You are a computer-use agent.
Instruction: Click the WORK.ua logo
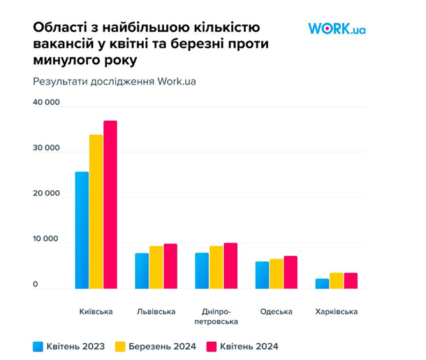[337, 29]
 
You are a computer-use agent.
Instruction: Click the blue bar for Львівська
[142, 271]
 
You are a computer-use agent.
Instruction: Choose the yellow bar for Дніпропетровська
[216, 267]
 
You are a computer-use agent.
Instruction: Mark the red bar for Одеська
[291, 272]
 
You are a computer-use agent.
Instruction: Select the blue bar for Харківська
[322, 283]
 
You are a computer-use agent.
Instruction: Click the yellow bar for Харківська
[336, 280]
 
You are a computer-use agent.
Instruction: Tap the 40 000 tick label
[46, 103]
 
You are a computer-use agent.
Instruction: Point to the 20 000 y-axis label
[46, 195]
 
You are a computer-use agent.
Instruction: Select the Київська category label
[96, 311]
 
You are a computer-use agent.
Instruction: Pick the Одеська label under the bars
[276, 311]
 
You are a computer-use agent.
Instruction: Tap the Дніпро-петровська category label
[216, 316]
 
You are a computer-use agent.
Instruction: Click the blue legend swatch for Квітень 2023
[38, 345]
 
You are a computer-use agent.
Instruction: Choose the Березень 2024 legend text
[163, 345]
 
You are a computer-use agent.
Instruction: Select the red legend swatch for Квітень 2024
[212, 345]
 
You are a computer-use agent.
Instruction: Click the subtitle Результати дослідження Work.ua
[115, 81]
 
